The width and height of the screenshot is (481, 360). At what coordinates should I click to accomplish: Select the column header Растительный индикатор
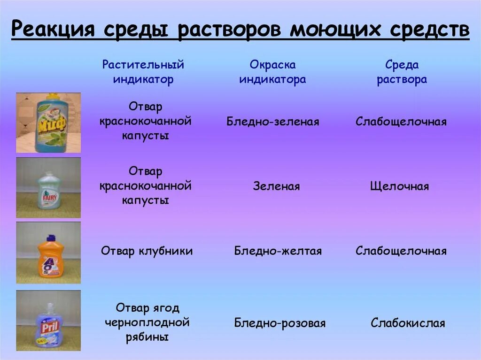143,72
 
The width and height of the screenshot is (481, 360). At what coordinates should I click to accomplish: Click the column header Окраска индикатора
272,72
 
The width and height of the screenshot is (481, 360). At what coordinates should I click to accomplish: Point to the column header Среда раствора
402,72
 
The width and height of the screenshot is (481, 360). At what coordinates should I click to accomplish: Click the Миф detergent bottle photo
48,123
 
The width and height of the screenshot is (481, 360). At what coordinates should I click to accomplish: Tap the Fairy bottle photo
48,188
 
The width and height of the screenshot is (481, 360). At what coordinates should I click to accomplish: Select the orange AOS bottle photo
48,253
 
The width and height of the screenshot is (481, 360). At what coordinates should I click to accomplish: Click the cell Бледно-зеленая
272,122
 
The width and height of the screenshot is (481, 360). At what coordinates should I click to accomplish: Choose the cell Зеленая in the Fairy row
276,186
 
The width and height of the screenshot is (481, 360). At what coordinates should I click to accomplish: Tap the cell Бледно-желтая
278,251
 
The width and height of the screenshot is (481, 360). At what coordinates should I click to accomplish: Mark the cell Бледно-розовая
279,323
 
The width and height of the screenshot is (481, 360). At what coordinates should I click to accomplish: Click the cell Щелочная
399,186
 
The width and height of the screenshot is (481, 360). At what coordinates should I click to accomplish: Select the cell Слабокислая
407,323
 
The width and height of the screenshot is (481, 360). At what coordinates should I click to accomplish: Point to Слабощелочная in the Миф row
401,122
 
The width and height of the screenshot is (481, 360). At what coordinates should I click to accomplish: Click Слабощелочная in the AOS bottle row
401,251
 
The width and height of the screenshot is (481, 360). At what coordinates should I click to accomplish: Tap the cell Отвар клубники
147,251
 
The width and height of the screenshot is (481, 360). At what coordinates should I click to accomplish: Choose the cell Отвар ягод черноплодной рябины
147,322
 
